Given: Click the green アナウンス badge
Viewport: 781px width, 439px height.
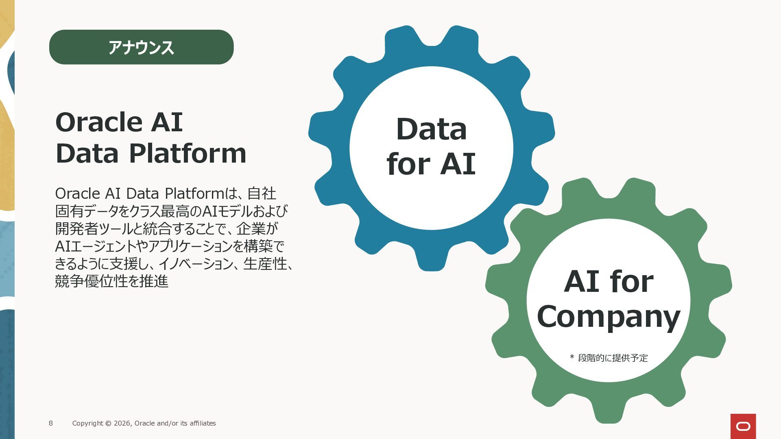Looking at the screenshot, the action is [141, 47].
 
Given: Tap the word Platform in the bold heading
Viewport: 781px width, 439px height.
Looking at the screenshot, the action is [188, 154].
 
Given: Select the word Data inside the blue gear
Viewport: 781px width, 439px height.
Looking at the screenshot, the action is [431, 129].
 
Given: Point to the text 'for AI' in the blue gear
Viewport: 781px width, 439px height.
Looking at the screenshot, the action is [431, 164].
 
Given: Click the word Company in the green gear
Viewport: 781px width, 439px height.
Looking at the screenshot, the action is [609, 317].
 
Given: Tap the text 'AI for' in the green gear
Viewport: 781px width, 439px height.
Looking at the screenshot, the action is [609, 281].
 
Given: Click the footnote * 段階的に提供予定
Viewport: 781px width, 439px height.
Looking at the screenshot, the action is [609, 358].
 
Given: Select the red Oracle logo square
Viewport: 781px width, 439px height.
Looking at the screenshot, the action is [743, 426].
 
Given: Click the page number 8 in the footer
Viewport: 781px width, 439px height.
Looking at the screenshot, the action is [51, 423].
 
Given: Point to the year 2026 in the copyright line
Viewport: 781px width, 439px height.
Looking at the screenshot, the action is [122, 423].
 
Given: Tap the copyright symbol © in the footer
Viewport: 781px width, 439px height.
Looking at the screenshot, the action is [108, 423].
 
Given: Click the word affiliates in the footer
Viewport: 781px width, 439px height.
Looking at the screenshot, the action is [203, 423].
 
